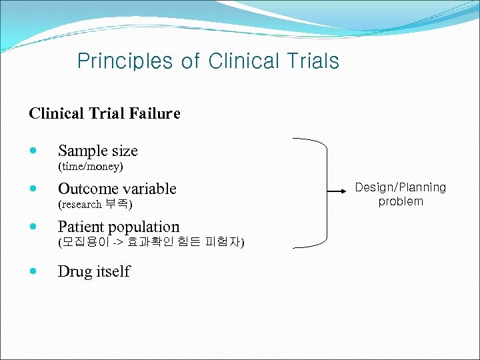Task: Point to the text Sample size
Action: (97, 151)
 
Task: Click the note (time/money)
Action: (91, 165)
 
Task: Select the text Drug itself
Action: (94, 271)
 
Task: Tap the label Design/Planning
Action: (400, 187)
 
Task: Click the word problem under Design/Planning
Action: (401, 201)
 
